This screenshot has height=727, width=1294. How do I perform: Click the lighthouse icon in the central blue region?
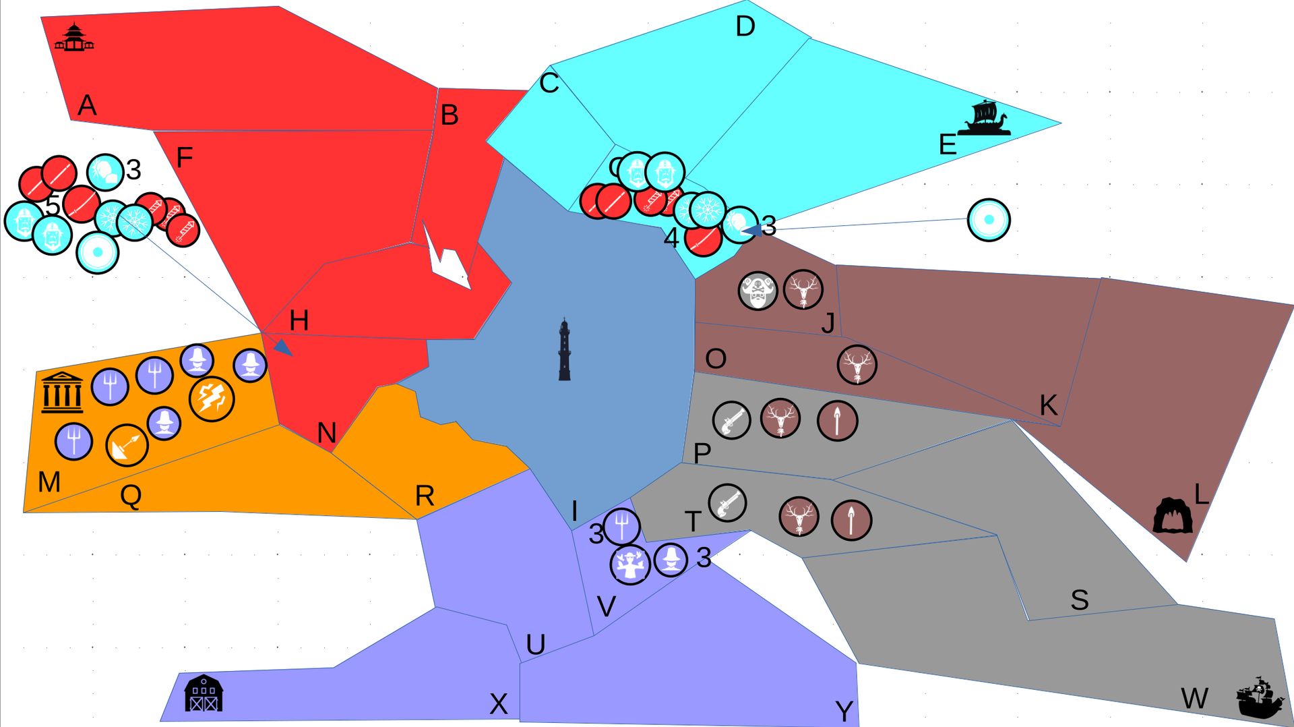click(x=565, y=350)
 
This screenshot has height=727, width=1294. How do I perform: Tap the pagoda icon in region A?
click(x=74, y=38)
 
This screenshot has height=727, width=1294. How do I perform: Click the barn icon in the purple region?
click(x=204, y=693)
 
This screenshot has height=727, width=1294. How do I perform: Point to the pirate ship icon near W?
click(x=1260, y=697)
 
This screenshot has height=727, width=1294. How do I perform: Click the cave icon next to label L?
click(x=1173, y=516)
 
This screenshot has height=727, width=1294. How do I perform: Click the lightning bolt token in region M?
click(x=212, y=399)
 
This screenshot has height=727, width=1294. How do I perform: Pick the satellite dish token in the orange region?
click(x=127, y=445)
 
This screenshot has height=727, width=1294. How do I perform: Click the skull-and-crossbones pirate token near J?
click(x=758, y=291)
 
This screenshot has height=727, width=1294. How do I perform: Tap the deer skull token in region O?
click(x=857, y=365)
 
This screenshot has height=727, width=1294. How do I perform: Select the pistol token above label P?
click(x=731, y=420)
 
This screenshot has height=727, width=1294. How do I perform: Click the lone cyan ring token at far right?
click(x=988, y=219)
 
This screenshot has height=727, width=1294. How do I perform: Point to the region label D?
click(x=745, y=27)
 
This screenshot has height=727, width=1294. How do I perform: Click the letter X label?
click(x=498, y=704)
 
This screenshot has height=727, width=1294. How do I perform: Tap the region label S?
click(x=1079, y=600)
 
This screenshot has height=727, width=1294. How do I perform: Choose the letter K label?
click(x=1048, y=405)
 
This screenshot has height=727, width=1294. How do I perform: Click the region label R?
click(x=425, y=496)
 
